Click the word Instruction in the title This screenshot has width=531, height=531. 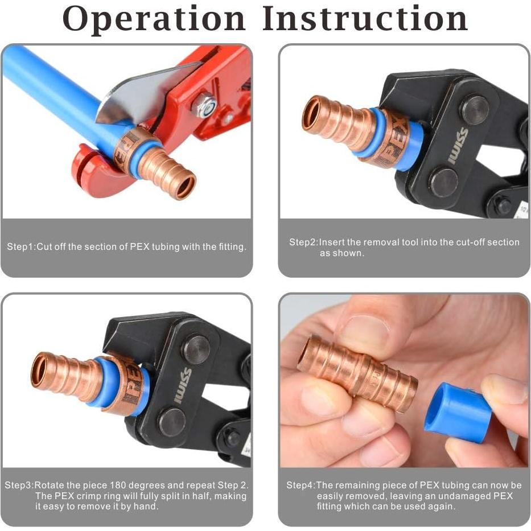click(365, 19)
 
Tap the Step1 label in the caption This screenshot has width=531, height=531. click(21, 247)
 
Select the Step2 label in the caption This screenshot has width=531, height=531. click(303, 242)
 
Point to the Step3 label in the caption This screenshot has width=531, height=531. click(19, 485)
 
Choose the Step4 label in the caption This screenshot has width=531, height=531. click(301, 485)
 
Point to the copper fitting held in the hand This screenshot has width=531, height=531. click(357, 372)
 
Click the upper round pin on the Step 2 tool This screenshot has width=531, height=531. click(474, 110)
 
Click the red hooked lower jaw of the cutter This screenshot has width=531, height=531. click(91, 171)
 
